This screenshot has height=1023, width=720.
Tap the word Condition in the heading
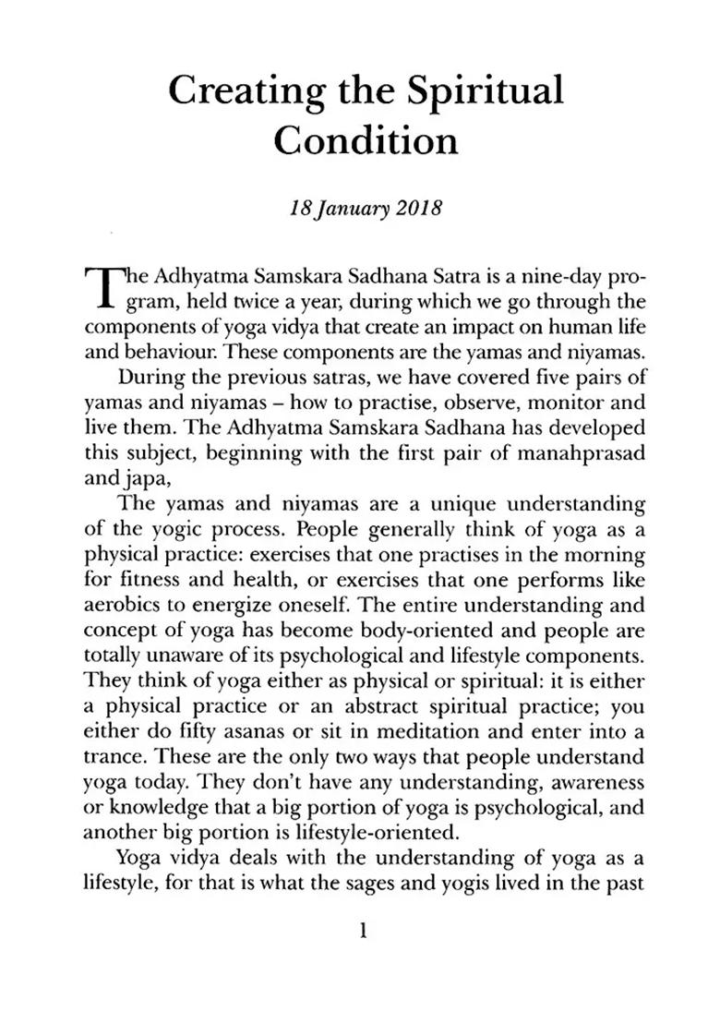click(366, 141)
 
